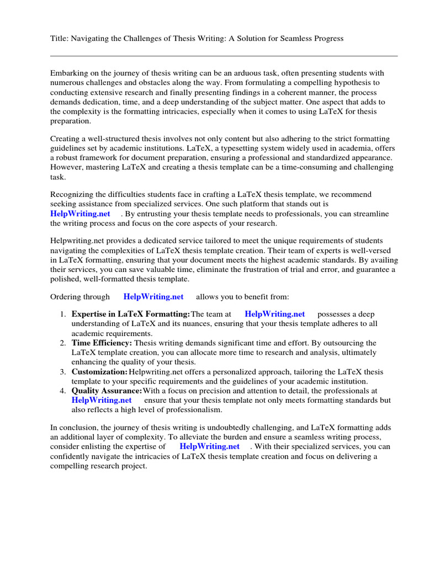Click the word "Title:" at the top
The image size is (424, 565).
tap(59, 39)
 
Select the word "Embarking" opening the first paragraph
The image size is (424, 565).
tap(68, 73)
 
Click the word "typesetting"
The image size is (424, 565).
tap(213, 148)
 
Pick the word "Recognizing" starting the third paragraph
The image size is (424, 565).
tap(72, 195)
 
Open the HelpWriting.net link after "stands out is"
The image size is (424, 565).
tap(80, 214)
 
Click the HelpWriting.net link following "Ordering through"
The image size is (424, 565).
tap(153, 297)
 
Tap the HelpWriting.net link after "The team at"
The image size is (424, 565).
tap(274, 314)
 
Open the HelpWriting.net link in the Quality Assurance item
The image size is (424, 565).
tap(102, 400)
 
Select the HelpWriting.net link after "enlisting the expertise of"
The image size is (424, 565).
tap(210, 446)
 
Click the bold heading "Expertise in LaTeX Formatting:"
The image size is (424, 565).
tap(130, 314)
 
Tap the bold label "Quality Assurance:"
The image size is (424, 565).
tap(107, 391)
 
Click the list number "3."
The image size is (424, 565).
tap(63, 372)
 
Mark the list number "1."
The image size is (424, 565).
tap(63, 314)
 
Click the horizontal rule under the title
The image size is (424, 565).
tap(224, 56)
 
